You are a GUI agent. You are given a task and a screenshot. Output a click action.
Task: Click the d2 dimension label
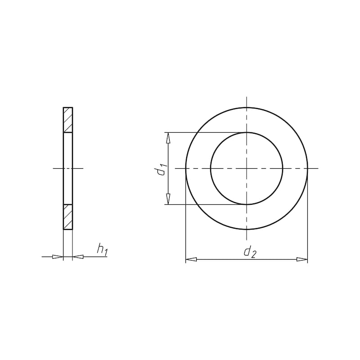click(249, 252)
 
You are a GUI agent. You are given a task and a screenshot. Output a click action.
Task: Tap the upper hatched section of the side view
click(68, 120)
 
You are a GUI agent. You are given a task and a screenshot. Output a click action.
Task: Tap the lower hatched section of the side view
click(68, 217)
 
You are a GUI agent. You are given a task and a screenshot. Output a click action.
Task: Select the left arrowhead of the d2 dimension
click(191, 260)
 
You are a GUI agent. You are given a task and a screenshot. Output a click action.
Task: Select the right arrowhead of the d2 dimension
click(302, 260)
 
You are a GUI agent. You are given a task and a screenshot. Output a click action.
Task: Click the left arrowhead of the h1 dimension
click(58, 257)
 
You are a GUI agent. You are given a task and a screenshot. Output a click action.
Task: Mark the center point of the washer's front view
click(247, 168)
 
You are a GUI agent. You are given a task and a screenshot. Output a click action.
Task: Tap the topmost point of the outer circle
click(247, 107)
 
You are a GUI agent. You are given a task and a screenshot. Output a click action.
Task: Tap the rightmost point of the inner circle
click(283, 168)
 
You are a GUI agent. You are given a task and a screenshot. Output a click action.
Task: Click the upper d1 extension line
click(202, 132)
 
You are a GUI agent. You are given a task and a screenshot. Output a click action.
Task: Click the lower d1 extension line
click(202, 204)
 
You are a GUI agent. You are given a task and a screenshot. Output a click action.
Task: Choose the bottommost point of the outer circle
click(247, 229)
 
